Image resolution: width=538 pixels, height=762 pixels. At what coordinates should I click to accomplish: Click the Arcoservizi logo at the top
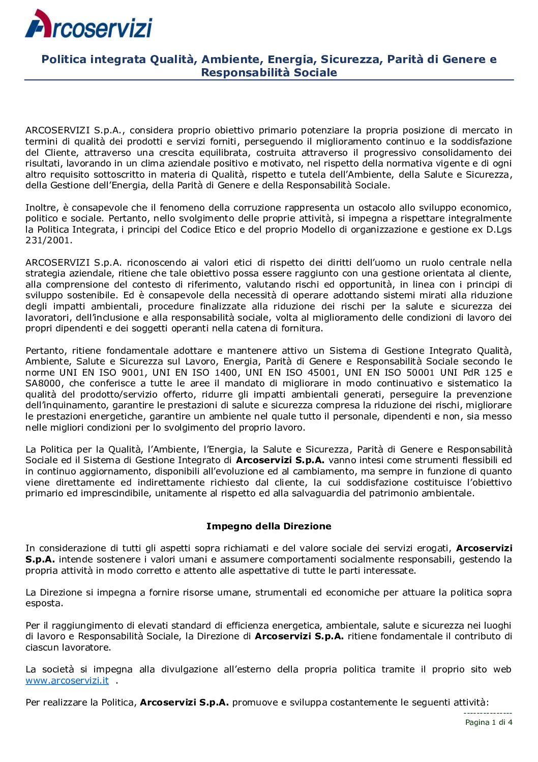pos(88,24)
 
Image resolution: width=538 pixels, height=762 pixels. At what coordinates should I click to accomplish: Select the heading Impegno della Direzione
pos(268,526)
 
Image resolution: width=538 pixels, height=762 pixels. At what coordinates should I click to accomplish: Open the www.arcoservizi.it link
pos(67,681)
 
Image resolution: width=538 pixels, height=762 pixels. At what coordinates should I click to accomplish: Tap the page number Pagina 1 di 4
pos(489,722)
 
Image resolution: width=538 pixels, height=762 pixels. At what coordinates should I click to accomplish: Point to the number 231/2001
pos(49,240)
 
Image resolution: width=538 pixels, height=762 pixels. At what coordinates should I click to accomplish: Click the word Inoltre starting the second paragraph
pos(42,208)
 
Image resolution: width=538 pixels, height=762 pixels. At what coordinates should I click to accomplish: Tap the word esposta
pos(44,604)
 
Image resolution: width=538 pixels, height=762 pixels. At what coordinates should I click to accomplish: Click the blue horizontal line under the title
pos(268,80)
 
